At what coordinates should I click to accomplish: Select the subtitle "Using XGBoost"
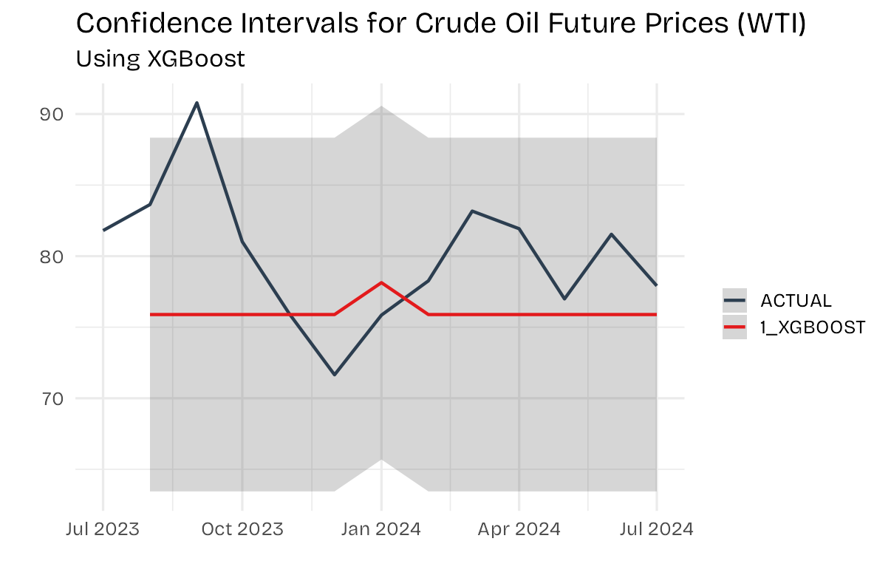[160, 59]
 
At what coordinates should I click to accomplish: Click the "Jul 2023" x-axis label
[103, 529]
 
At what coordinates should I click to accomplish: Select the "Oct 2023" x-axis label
[242, 529]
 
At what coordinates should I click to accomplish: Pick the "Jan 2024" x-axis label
[381, 529]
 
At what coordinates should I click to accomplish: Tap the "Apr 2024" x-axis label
[519, 529]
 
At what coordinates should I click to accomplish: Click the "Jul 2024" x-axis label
[657, 529]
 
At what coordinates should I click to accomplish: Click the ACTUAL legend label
[796, 301]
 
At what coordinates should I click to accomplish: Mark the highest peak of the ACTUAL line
[197, 103]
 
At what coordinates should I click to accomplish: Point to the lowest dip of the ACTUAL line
[335, 375]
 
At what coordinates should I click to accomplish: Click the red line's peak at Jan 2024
[381, 282]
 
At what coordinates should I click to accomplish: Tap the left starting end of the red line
[151, 315]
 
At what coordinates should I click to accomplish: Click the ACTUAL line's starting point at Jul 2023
[103, 230]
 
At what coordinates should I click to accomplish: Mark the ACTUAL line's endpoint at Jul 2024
[657, 285]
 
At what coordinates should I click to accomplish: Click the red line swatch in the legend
[734, 327]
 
